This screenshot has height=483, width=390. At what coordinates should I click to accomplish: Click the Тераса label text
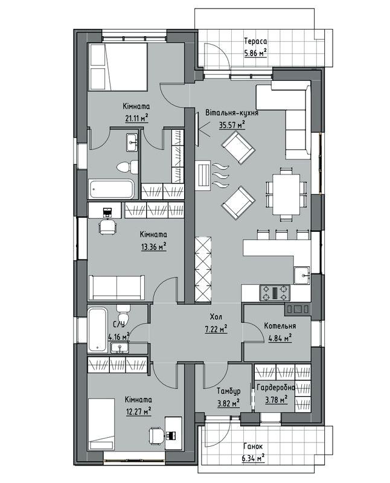pos(255,41)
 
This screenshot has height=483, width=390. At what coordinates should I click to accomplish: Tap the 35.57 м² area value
pos(232,125)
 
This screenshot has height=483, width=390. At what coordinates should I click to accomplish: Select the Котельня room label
pos(280,326)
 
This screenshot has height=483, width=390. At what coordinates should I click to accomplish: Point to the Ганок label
pos(253,446)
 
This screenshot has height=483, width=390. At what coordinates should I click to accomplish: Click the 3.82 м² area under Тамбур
pos(229,403)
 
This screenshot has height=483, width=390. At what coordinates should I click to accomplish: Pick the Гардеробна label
pos(276,388)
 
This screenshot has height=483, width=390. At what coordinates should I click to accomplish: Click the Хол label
pos(216,316)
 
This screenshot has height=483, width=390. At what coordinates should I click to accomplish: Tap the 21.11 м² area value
pos(136,118)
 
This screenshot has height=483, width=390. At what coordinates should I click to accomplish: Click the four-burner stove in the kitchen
pos(275,293)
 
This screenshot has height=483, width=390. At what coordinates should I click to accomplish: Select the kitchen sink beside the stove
pos(302,275)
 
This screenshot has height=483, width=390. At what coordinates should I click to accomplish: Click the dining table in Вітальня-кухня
pos(286,194)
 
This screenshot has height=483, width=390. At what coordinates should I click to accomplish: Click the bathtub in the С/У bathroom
pos(97,330)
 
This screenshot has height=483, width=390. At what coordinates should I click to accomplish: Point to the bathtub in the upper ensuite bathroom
pos(112,189)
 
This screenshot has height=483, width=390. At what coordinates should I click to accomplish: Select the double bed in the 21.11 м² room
pos(118,67)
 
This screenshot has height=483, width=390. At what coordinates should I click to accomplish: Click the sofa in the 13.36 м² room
pos(117,288)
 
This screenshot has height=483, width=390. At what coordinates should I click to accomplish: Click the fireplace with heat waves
pos(203,174)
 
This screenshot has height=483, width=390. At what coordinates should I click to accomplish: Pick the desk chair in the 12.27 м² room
pos(156,435)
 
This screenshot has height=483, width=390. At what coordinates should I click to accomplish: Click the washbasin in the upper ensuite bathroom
pos(132,142)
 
